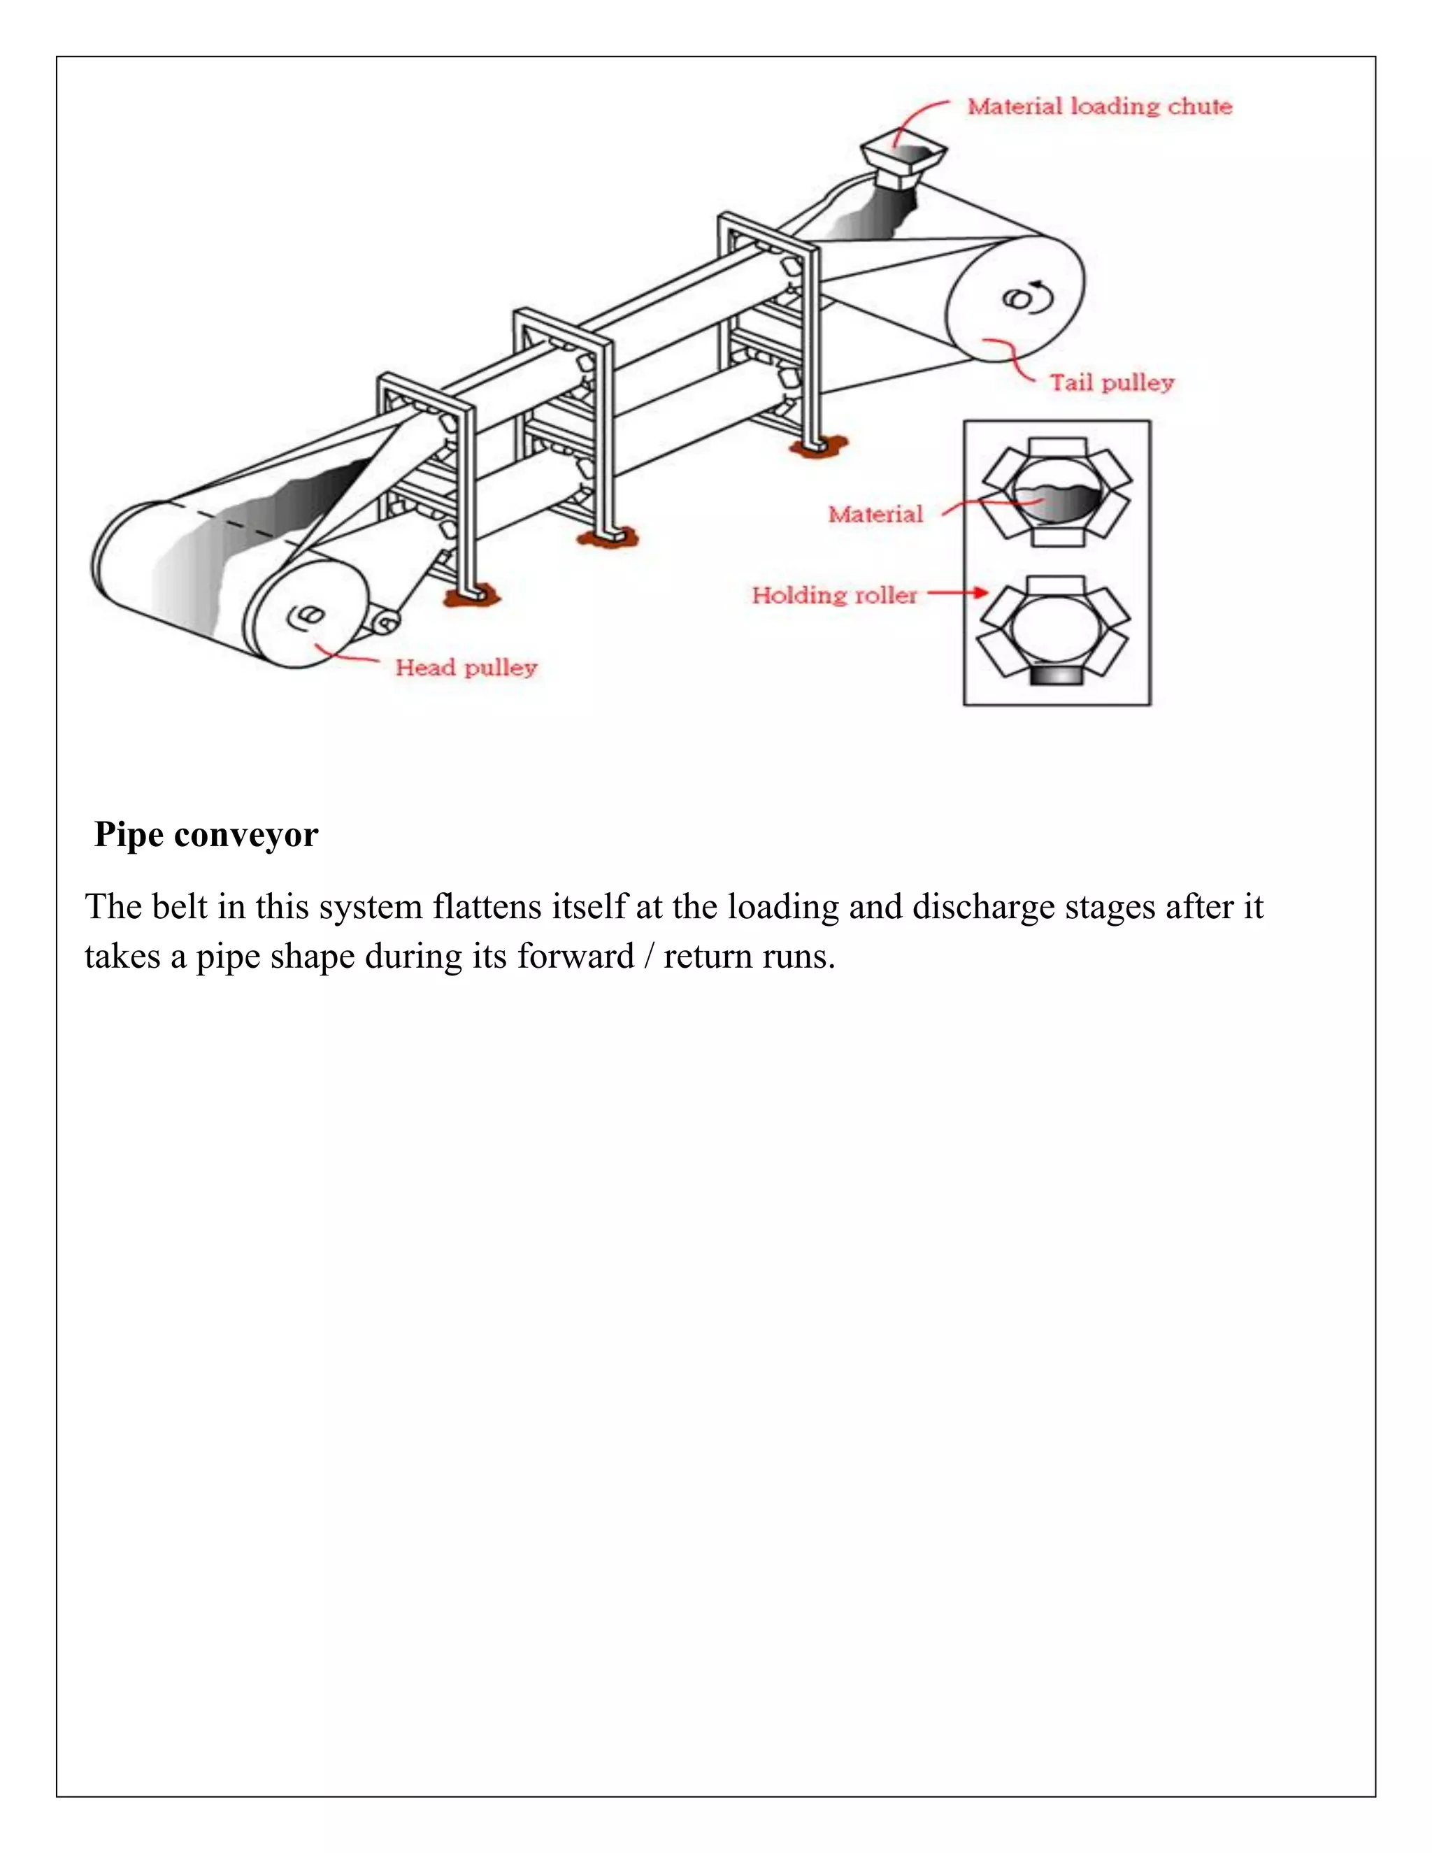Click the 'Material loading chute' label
coord(1099,107)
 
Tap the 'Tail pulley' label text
coord(1111,382)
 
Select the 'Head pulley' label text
coord(466,668)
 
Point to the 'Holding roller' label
coord(834,595)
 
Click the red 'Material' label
coord(875,514)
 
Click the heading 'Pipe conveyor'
coord(206,834)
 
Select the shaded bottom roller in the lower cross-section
coord(1057,675)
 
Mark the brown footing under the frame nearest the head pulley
coord(472,598)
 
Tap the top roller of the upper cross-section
coord(1057,447)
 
